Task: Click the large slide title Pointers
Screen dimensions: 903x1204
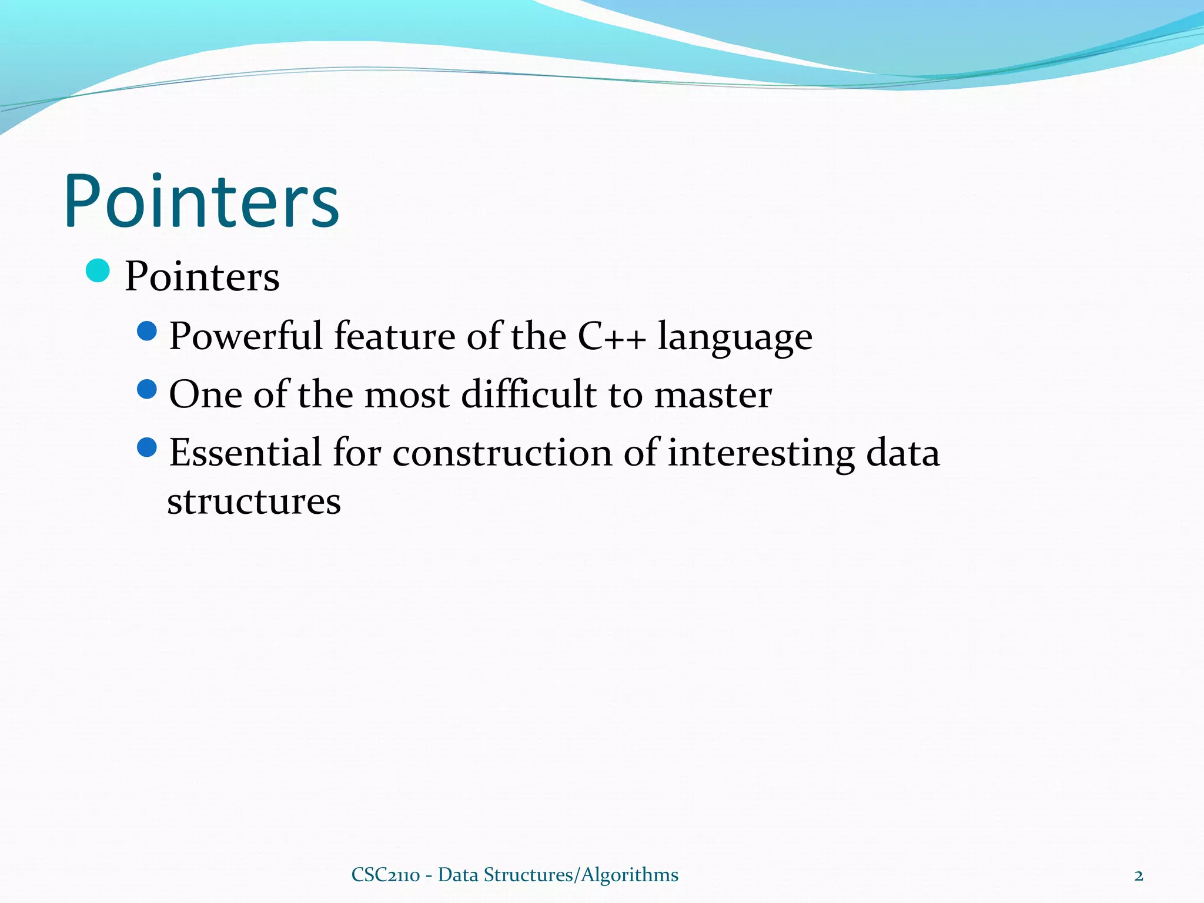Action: pyautogui.click(x=201, y=201)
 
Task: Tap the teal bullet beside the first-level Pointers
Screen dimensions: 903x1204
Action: pyautogui.click(x=98, y=271)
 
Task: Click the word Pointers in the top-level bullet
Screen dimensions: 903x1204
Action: pyautogui.click(x=202, y=276)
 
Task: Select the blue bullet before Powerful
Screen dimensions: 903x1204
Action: pyautogui.click(x=146, y=331)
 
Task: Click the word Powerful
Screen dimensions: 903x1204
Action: pyautogui.click(x=246, y=336)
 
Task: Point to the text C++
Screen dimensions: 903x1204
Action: pyautogui.click(x=611, y=337)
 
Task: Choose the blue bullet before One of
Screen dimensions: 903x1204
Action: pyautogui.click(x=146, y=389)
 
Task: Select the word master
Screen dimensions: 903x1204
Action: pyautogui.click(x=713, y=395)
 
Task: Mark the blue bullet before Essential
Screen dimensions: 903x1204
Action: pyautogui.click(x=146, y=447)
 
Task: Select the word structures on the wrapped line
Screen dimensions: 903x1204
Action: pyautogui.click(x=254, y=501)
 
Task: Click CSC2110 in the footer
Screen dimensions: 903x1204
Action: pyautogui.click(x=385, y=875)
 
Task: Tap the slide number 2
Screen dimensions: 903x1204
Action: pyautogui.click(x=1138, y=876)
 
